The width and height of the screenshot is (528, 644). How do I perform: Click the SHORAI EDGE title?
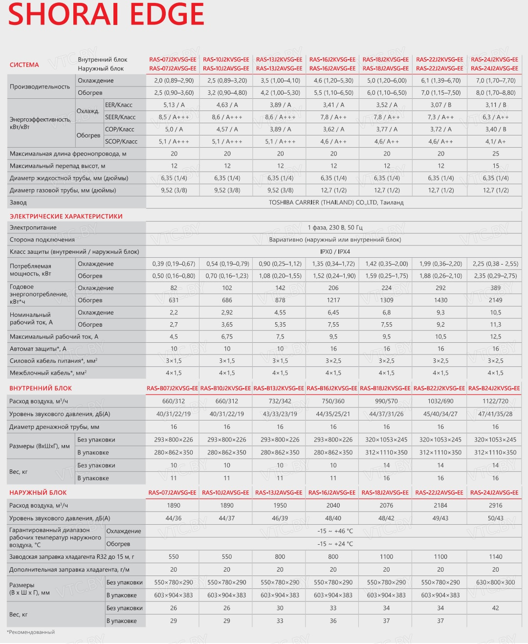pos(106,15)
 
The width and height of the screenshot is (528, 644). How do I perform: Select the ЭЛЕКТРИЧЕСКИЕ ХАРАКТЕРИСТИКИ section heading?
pos(66,216)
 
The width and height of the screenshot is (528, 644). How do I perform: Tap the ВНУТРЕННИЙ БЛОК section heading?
pos(41,388)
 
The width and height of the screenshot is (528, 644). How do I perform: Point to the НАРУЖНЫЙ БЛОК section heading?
pos(38,492)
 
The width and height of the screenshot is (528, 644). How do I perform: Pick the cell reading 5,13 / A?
pos(174,105)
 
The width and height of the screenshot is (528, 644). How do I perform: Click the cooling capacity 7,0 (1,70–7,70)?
pos(495,80)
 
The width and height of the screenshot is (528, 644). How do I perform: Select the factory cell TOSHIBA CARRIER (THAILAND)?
pos(336,202)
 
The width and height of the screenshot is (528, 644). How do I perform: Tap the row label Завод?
pos(18,202)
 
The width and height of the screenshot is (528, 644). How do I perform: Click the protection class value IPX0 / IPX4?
pos(335,252)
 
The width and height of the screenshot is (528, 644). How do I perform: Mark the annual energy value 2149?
pos(495,300)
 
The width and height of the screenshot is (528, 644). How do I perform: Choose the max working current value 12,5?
pos(495,336)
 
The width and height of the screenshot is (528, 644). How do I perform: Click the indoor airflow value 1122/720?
pos(495,401)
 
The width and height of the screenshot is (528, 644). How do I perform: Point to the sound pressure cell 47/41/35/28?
pos(495,414)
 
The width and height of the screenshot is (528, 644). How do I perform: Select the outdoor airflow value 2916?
pos(495,505)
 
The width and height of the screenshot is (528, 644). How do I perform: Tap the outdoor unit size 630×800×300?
pos(495,582)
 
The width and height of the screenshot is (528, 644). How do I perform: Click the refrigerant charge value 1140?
pos(495,556)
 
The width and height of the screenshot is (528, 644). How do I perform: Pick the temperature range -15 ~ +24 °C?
pos(335,544)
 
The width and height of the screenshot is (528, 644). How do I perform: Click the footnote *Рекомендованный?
pos(31,632)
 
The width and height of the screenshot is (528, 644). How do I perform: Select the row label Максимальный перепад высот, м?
pos(58,166)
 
